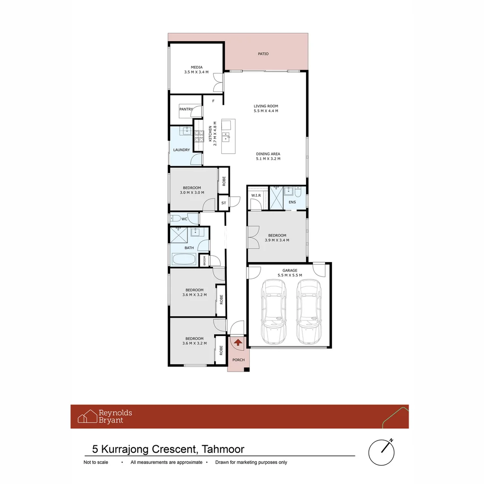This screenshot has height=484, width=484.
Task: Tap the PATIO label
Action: click(x=264, y=54)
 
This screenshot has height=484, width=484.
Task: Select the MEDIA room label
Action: click(x=197, y=67)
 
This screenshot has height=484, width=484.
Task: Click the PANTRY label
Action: click(x=186, y=109)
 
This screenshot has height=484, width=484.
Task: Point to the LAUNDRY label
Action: click(x=181, y=150)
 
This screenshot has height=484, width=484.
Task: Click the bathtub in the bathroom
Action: click(x=184, y=259)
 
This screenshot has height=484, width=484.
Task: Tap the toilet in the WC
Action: click(x=175, y=219)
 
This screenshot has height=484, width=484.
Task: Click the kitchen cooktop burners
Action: click(x=199, y=136)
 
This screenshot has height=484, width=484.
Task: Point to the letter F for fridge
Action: click(x=213, y=101)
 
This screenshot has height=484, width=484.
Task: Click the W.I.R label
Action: click(x=256, y=195)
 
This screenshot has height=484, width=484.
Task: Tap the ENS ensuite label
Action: click(x=292, y=202)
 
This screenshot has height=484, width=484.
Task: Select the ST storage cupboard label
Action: click(x=224, y=203)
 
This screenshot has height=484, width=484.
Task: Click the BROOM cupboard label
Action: click(x=204, y=261)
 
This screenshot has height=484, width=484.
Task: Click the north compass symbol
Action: click(x=382, y=452)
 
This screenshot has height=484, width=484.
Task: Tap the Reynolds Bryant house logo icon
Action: click(x=87, y=416)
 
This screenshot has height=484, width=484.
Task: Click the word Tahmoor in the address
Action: click(x=223, y=449)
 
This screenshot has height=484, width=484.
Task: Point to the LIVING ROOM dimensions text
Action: click(x=266, y=111)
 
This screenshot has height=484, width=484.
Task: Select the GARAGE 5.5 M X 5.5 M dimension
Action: click(x=290, y=275)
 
